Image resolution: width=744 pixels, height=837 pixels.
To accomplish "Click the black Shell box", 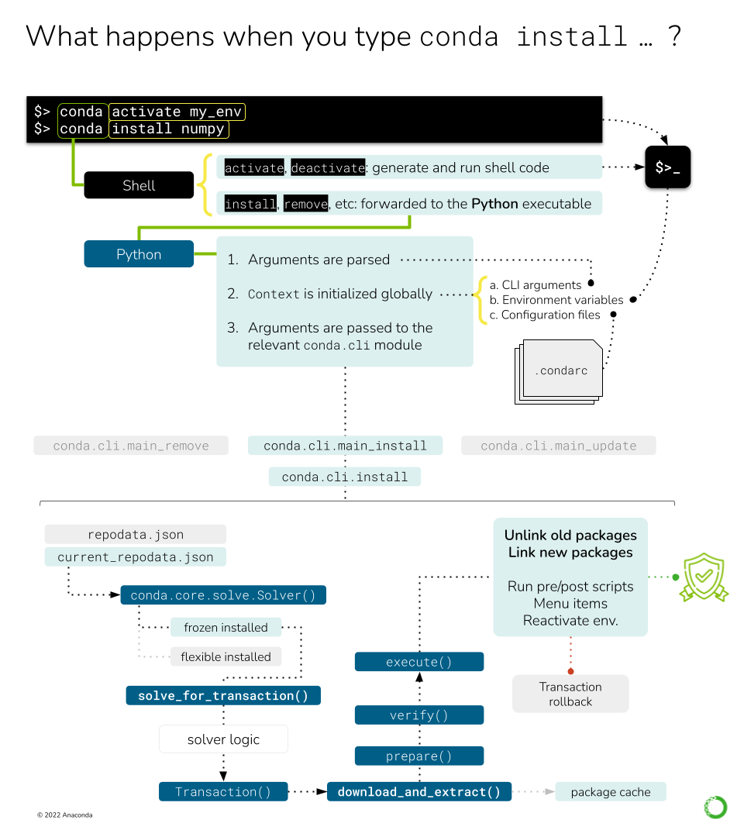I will coord(139,185).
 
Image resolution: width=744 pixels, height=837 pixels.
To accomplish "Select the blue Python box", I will coord(139,254).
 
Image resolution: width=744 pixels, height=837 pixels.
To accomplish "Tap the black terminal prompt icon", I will coord(667,167).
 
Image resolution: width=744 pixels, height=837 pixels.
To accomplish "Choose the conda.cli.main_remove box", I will coord(131,446).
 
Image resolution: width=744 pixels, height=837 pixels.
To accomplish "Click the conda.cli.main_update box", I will coord(558,446).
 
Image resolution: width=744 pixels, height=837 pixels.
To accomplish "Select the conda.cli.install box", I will coord(344,477).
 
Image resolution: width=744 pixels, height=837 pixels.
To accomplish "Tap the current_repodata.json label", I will coord(135,556).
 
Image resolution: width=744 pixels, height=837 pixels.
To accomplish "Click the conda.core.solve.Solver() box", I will coord(223,595).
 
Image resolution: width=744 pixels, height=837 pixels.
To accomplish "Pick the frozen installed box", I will coord(226,627).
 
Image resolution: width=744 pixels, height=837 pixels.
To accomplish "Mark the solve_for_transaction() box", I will coord(223,695).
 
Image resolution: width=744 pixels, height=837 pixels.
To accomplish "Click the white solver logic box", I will coord(223,739).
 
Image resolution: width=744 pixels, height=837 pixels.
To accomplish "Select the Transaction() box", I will coord(223,791).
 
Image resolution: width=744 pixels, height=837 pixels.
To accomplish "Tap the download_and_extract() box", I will coord(418,791).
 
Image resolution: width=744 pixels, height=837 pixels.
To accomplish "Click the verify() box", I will coord(418,715).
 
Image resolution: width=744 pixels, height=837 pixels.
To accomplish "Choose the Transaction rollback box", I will coord(570,694).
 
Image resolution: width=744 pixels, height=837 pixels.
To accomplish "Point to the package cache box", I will coord(611,791).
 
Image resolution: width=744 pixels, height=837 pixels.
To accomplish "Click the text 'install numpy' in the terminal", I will coord(168,129).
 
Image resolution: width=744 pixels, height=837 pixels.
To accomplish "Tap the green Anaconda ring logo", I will coord(715,807).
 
